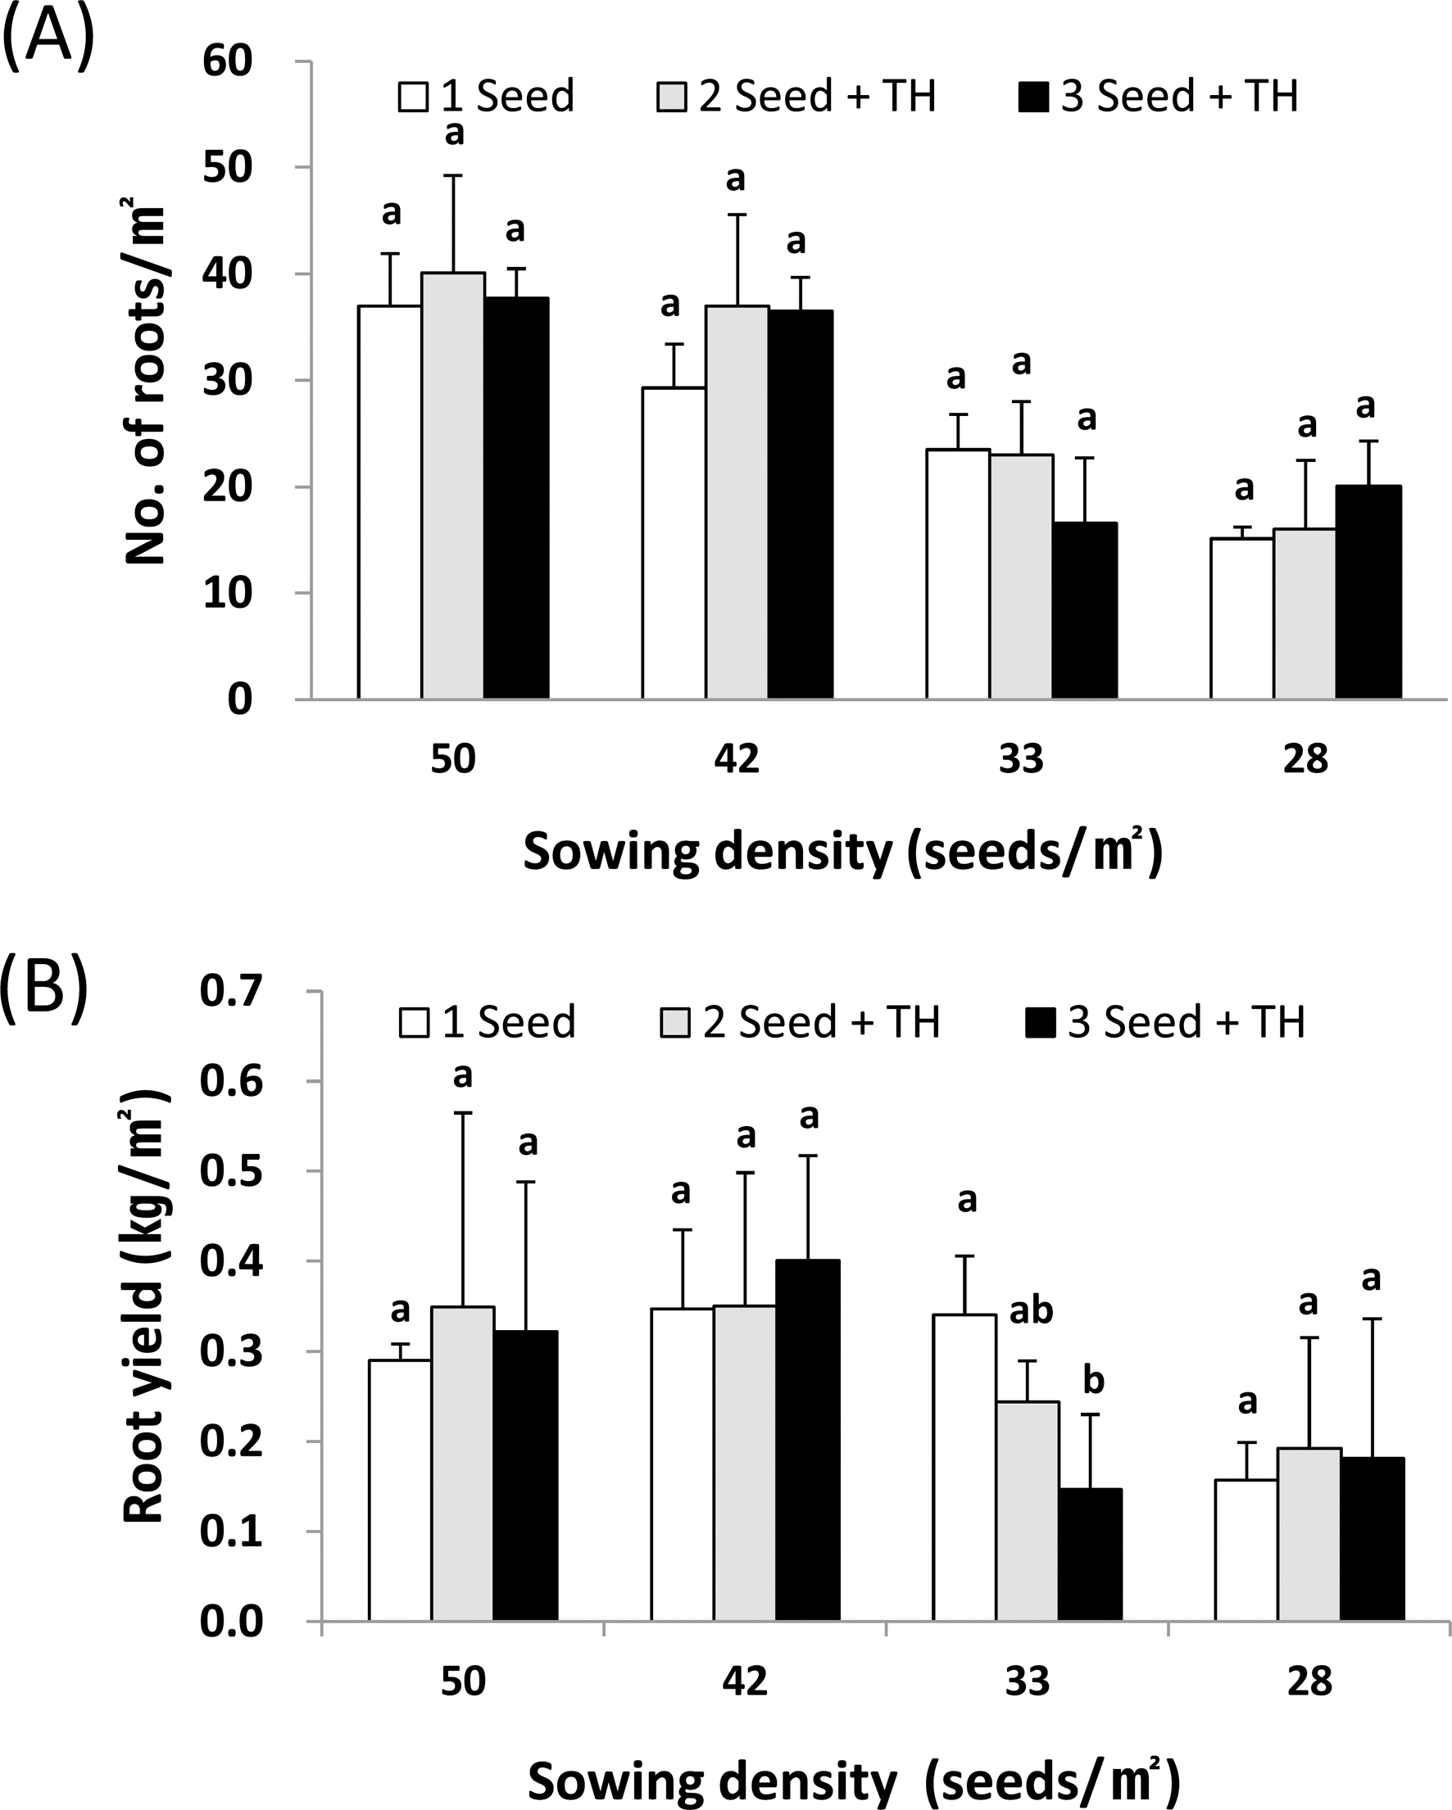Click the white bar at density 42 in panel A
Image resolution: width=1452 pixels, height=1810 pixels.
click(x=674, y=543)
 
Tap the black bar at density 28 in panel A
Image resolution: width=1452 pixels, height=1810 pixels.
click(x=1368, y=592)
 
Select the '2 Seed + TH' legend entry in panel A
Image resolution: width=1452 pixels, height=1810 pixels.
click(x=796, y=96)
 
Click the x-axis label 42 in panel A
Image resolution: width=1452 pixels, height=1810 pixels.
click(x=737, y=759)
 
